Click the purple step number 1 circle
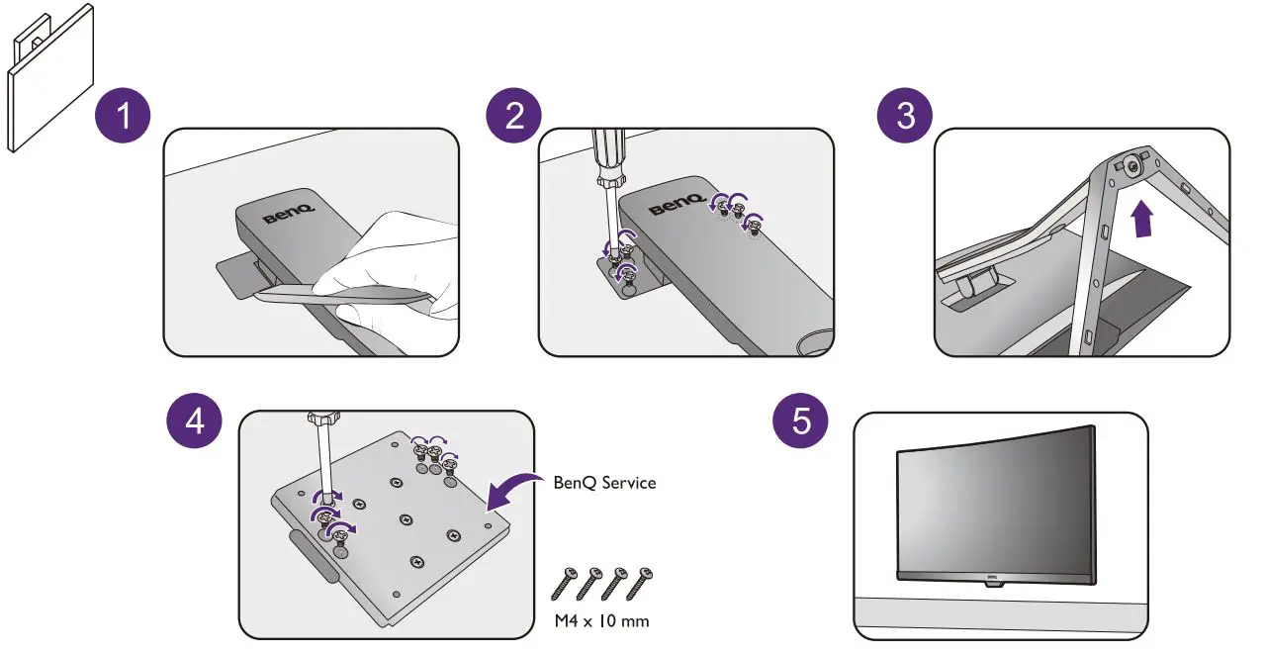click(x=123, y=117)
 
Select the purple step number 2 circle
click(x=514, y=117)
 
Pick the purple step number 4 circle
click(x=195, y=421)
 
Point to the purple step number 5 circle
click(x=800, y=421)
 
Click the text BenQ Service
click(x=604, y=483)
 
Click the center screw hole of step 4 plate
click(x=406, y=519)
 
